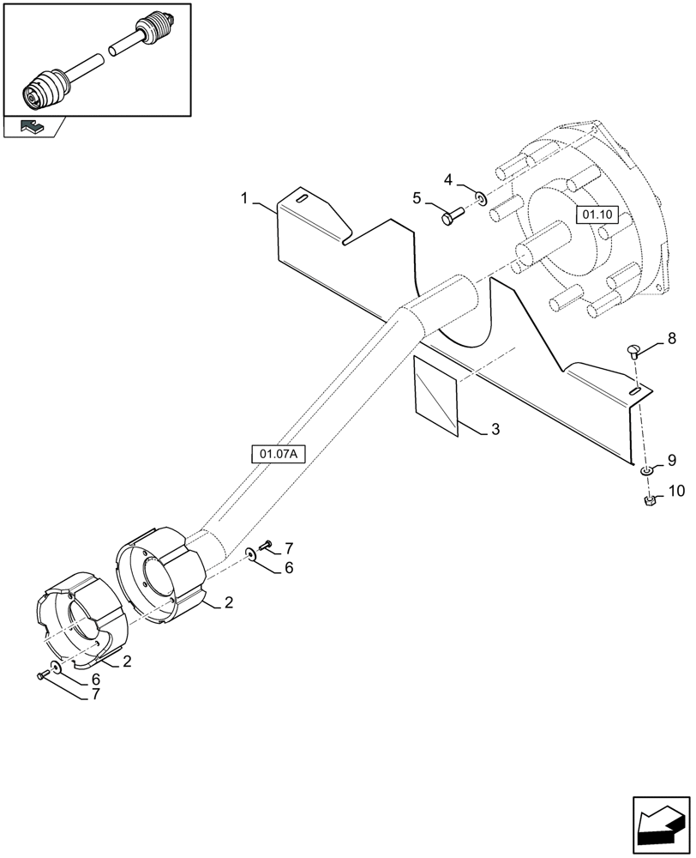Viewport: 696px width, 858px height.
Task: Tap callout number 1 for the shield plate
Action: coord(244,199)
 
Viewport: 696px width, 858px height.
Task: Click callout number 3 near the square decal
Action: coord(496,428)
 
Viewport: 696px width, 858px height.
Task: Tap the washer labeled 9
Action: coord(646,470)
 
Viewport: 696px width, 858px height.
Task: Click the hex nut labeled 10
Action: coord(650,499)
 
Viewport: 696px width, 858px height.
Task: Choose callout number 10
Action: coord(676,491)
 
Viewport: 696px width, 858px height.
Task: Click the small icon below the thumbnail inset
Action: coord(32,127)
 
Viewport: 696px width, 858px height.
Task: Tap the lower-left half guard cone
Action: coord(82,619)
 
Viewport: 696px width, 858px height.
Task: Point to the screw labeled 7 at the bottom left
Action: coord(41,676)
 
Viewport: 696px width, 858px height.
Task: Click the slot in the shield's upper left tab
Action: coord(302,198)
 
